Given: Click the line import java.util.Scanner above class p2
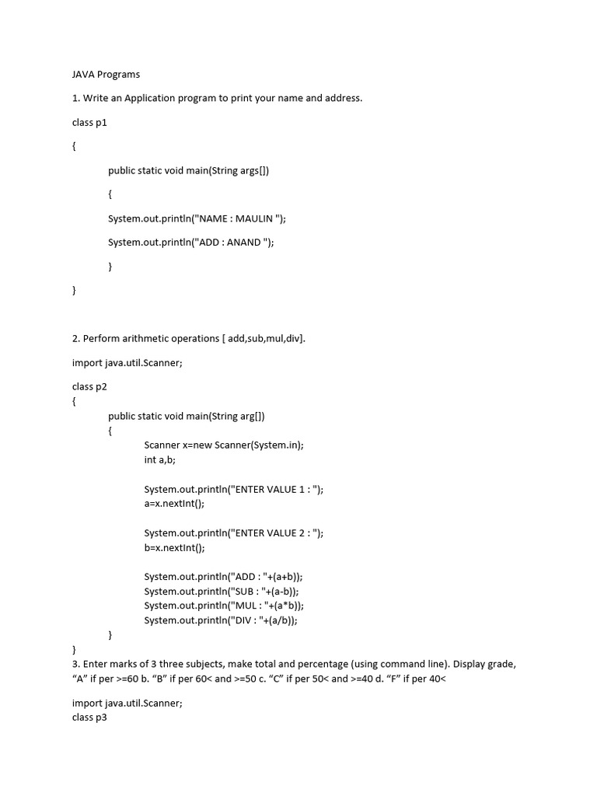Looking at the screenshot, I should pyautogui.click(x=127, y=362).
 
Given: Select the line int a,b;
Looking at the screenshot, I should pyautogui.click(x=160, y=459).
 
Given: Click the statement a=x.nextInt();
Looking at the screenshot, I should pyautogui.click(x=174, y=503).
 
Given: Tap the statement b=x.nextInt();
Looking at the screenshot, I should pyautogui.click(x=174, y=547).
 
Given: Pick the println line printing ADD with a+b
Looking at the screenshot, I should pyautogui.click(x=223, y=577).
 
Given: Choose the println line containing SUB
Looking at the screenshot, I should pyautogui.click(x=222, y=591).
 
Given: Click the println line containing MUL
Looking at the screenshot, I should pyautogui.click(x=224, y=606).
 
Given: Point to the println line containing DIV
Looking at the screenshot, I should pyautogui.click(x=221, y=620).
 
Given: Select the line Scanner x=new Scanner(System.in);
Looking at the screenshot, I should pyautogui.click(x=224, y=445).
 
